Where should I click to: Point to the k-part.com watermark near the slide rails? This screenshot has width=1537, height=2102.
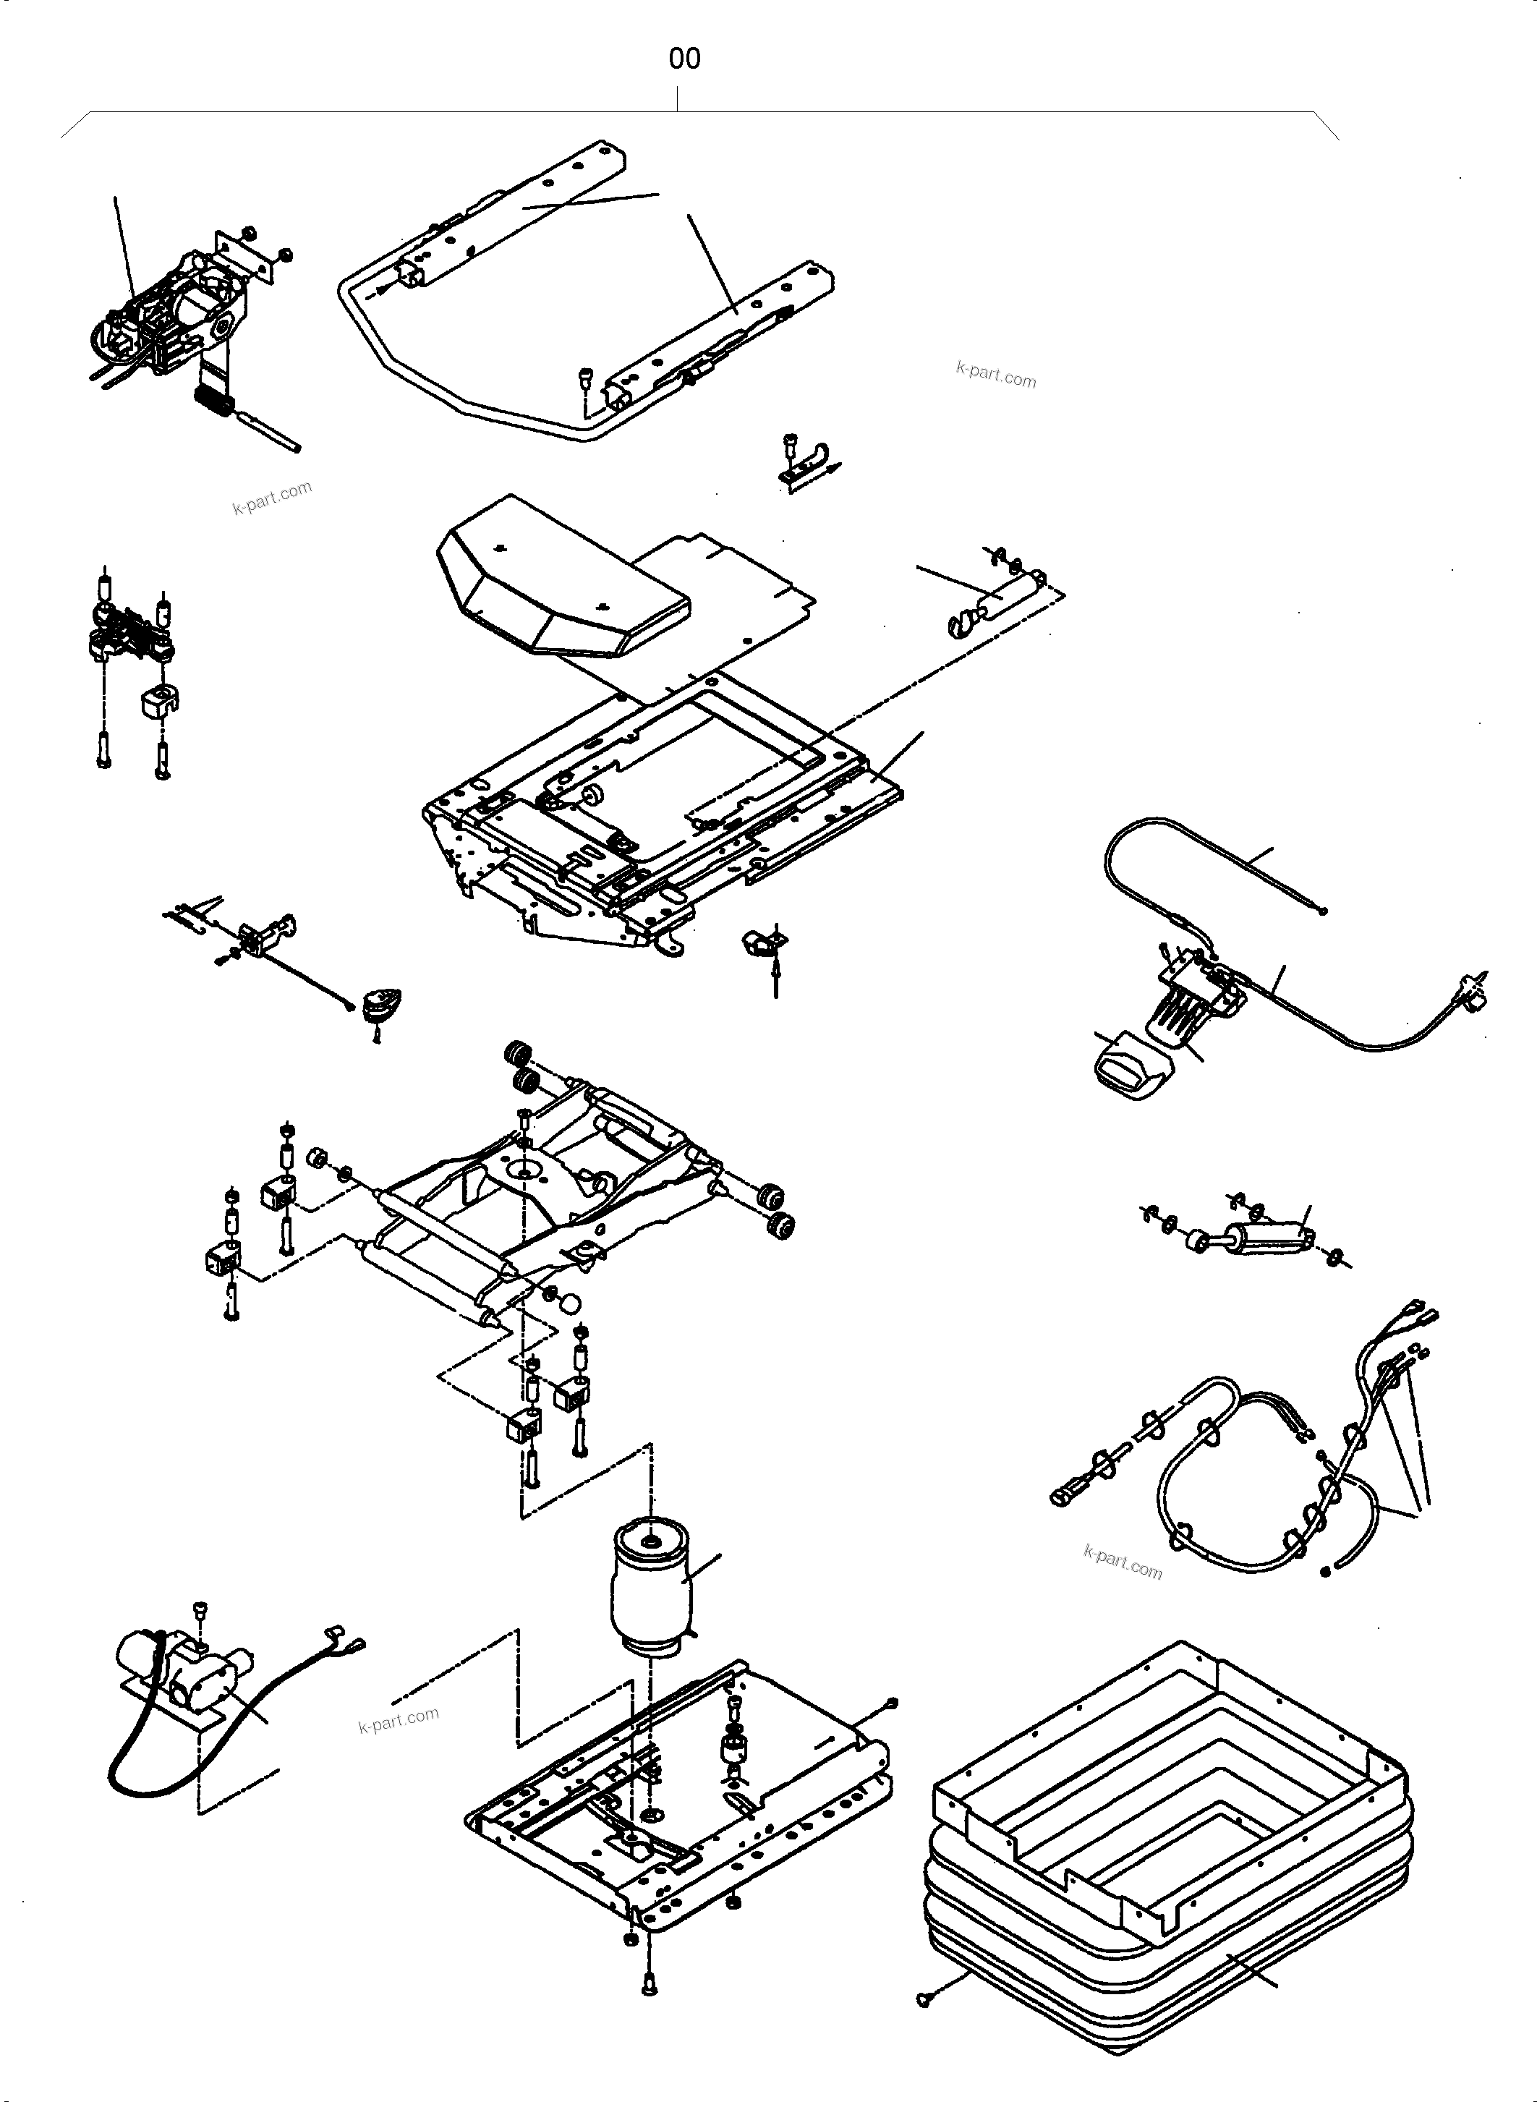[995, 374]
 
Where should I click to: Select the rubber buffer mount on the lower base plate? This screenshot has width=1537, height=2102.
[734, 1749]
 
